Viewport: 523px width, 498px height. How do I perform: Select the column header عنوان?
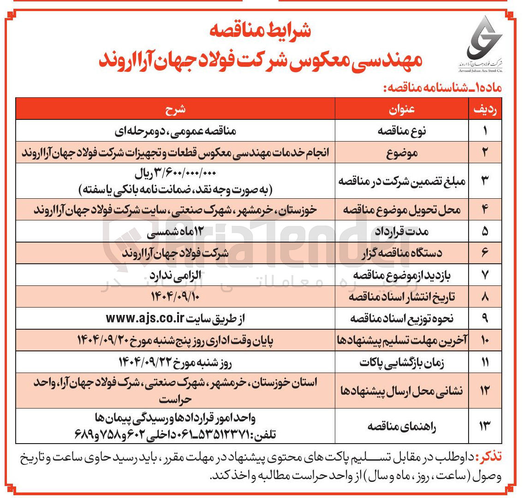coord(402,109)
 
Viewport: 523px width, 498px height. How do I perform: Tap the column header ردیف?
coord(485,109)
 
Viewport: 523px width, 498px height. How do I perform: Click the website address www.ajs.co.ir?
coord(145,318)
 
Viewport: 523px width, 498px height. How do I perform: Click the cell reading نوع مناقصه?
coord(402,131)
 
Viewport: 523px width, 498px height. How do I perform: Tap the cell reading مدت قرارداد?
coord(402,232)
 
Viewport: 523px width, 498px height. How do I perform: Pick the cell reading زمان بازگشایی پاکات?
coord(402,363)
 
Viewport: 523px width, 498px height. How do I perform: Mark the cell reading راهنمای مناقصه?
coord(402,427)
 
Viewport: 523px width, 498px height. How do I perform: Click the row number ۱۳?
coord(485,427)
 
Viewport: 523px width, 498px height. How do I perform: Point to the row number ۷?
coord(485,275)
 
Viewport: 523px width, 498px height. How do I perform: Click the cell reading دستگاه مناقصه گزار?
coord(402,254)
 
